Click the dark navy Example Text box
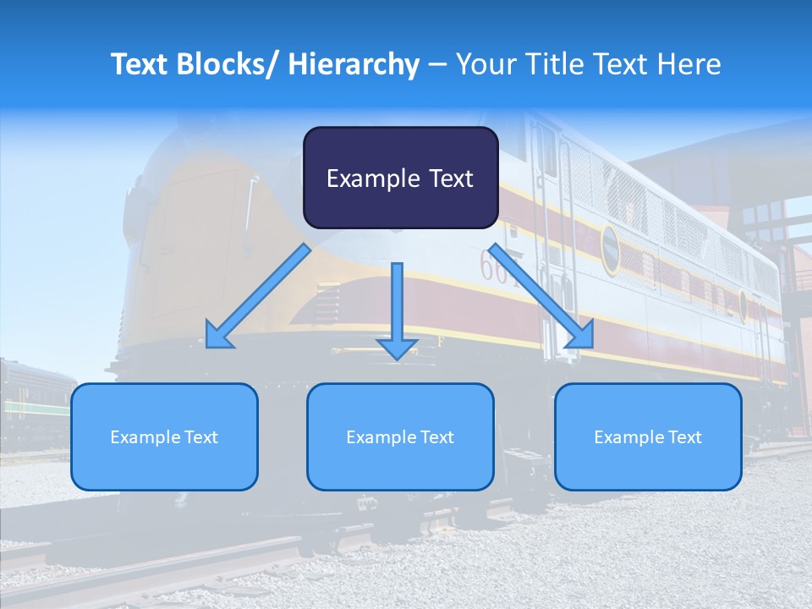click(400, 178)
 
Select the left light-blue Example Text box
click(164, 436)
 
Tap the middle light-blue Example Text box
click(400, 436)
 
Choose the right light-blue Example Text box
click(648, 436)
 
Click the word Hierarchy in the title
click(354, 64)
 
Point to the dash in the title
click(437, 64)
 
